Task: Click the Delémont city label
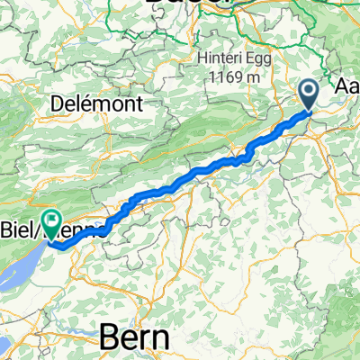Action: click(113, 104)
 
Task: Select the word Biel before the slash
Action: click(17, 220)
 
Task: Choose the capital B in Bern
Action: click(107, 337)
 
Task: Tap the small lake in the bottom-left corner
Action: click(4, 346)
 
